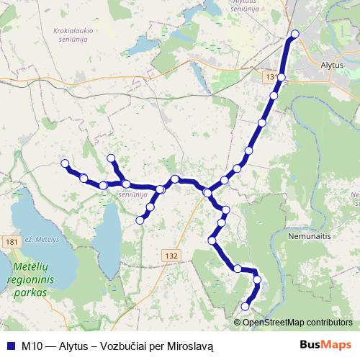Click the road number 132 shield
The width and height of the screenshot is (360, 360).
click(171, 256)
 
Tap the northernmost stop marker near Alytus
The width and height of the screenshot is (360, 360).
click(294, 34)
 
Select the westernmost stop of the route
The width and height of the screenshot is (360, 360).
click(65, 163)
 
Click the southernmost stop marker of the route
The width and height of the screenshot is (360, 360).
click(245, 307)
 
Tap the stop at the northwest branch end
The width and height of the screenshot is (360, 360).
click(111, 158)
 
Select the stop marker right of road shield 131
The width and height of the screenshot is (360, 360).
click(282, 78)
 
